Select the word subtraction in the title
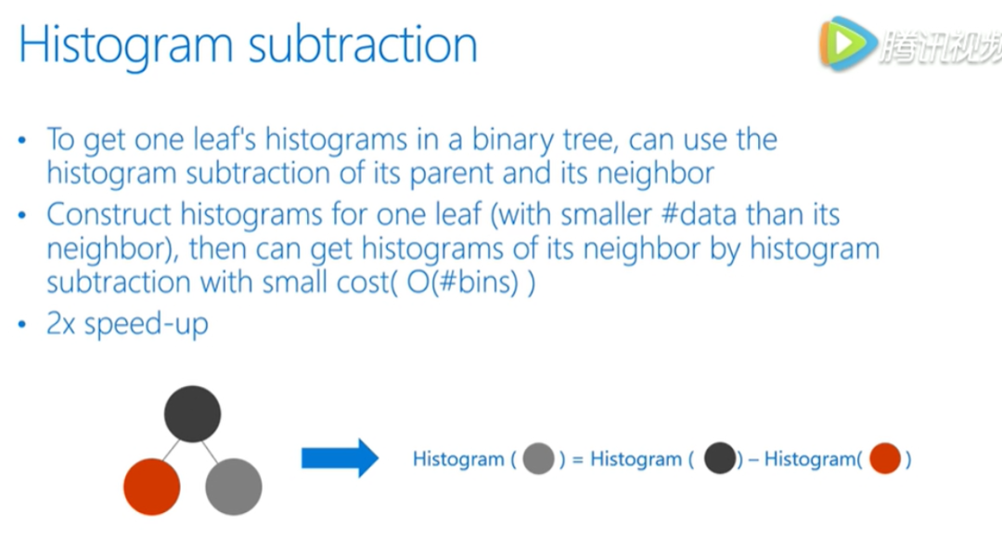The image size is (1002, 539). (363, 45)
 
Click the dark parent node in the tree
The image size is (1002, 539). (192, 414)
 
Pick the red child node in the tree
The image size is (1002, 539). (151, 487)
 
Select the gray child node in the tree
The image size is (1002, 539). (233, 487)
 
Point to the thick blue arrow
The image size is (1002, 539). (340, 458)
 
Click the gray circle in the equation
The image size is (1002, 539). (538, 458)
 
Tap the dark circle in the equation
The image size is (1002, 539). (720, 458)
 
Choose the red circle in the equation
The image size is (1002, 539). (885, 458)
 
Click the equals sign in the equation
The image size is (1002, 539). (578, 460)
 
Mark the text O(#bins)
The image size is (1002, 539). (463, 282)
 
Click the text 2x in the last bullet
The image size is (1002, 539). (60, 324)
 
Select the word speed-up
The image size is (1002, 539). (147, 325)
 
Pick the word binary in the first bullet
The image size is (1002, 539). (512, 140)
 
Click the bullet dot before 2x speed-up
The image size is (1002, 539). (22, 325)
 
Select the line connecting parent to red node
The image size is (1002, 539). (171, 451)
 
